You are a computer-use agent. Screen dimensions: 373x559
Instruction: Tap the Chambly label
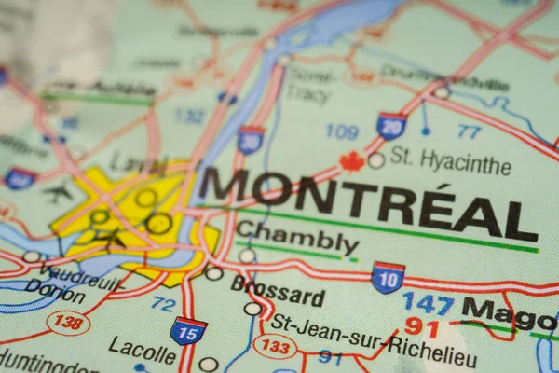pyautogui.click(x=297, y=239)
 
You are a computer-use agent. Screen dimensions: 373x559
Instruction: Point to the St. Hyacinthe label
pyautogui.click(x=451, y=160)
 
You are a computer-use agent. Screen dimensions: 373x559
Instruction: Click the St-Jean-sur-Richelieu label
pyautogui.click(x=373, y=339)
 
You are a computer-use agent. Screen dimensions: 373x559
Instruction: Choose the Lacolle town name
pyautogui.click(x=142, y=350)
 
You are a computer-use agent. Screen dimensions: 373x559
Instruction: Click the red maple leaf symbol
pyautogui.click(x=351, y=162)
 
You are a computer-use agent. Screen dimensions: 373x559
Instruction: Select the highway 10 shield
pyautogui.click(x=388, y=277)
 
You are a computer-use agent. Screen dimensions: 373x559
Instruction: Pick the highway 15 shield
pyautogui.click(x=188, y=330)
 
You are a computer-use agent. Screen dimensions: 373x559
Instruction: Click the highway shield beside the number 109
pyautogui.click(x=391, y=126)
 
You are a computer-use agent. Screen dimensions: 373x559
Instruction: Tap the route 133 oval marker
pyautogui.click(x=276, y=347)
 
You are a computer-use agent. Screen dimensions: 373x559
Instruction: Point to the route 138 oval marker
pyautogui.click(x=68, y=323)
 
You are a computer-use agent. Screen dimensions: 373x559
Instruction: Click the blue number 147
pyautogui.click(x=428, y=303)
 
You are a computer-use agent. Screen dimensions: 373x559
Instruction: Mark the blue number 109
pyautogui.click(x=342, y=131)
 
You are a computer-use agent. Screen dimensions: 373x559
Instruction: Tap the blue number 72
pyautogui.click(x=163, y=304)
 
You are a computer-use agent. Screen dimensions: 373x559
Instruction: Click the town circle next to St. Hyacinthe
pyautogui.click(x=376, y=160)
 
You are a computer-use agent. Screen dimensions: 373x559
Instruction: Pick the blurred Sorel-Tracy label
pyautogui.click(x=310, y=83)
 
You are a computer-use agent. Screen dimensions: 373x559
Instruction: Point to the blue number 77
pyautogui.click(x=469, y=131)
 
